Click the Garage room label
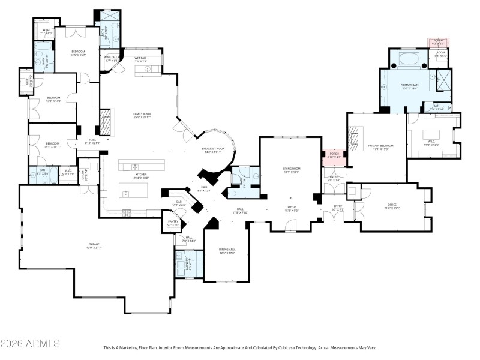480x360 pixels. point(95,245)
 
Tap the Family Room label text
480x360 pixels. point(142,115)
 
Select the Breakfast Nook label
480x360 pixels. point(213,149)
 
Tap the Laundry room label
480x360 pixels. point(189,263)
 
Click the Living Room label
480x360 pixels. point(292,170)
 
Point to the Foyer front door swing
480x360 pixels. point(292,224)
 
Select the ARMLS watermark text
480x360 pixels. point(30,344)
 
